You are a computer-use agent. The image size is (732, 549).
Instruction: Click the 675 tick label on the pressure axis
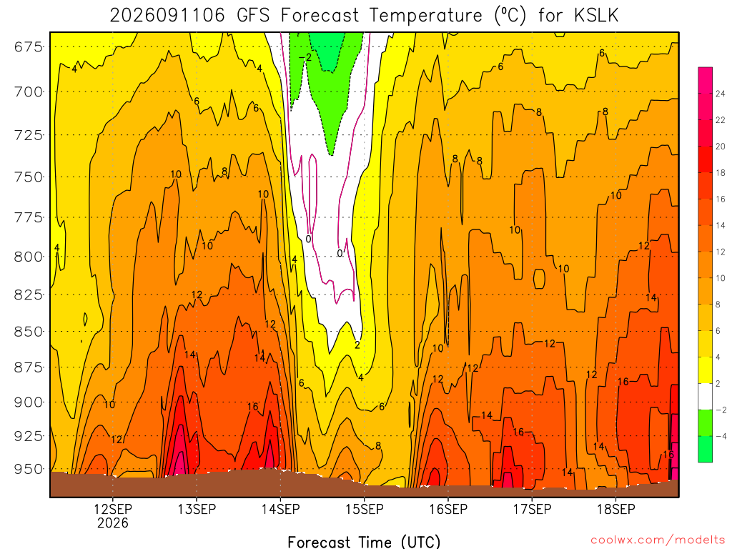click(28, 47)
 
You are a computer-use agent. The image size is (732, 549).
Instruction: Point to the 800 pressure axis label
click(28, 257)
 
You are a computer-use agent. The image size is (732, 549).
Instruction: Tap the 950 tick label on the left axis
click(28, 469)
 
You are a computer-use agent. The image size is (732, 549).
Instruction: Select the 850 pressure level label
click(28, 332)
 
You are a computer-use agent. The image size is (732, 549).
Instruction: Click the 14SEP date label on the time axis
click(280, 509)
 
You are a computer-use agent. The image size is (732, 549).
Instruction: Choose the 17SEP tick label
click(532, 509)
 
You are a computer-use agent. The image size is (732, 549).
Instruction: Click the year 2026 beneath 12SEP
click(112, 523)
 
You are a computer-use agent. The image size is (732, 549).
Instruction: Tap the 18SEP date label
click(616, 509)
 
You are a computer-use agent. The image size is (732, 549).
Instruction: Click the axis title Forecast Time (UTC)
click(364, 542)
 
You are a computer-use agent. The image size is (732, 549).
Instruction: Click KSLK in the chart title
click(596, 16)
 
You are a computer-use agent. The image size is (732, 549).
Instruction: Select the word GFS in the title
click(254, 16)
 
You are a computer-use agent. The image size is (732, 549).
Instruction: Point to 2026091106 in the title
click(167, 16)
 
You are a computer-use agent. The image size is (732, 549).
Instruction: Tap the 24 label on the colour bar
click(721, 94)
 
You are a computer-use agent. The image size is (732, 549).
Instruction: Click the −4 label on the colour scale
click(721, 437)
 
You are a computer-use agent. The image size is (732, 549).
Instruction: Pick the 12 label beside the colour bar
click(721, 252)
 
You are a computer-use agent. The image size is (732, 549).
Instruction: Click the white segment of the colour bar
click(706, 396)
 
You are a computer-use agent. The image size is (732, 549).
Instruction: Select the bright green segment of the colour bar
click(706, 449)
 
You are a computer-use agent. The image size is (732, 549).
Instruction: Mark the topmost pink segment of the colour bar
click(706, 80)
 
